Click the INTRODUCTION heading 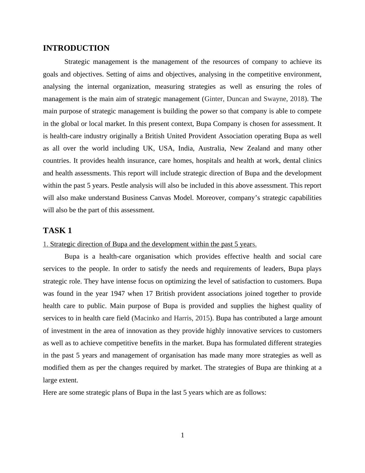pyautogui.click(x=76, y=48)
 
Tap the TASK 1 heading pyautogui.click(x=57, y=230)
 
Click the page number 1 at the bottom pyautogui.click(x=182, y=435)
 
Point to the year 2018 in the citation pyautogui.click(x=297, y=99)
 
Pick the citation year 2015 pyautogui.click(x=202, y=318)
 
